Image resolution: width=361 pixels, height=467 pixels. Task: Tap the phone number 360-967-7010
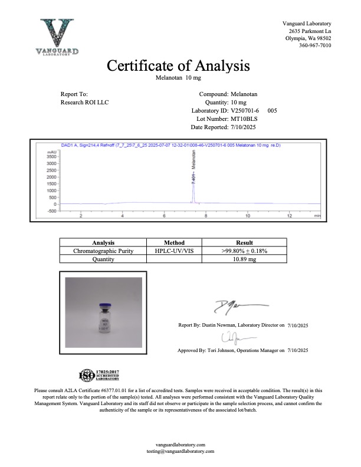tap(315, 45)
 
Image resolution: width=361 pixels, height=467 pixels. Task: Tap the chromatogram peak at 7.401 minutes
tap(193, 183)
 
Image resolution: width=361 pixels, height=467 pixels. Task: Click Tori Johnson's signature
tap(229, 338)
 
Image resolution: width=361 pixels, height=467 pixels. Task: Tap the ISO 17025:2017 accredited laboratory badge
tap(99, 375)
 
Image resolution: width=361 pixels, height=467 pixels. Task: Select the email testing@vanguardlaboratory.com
tap(180, 450)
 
